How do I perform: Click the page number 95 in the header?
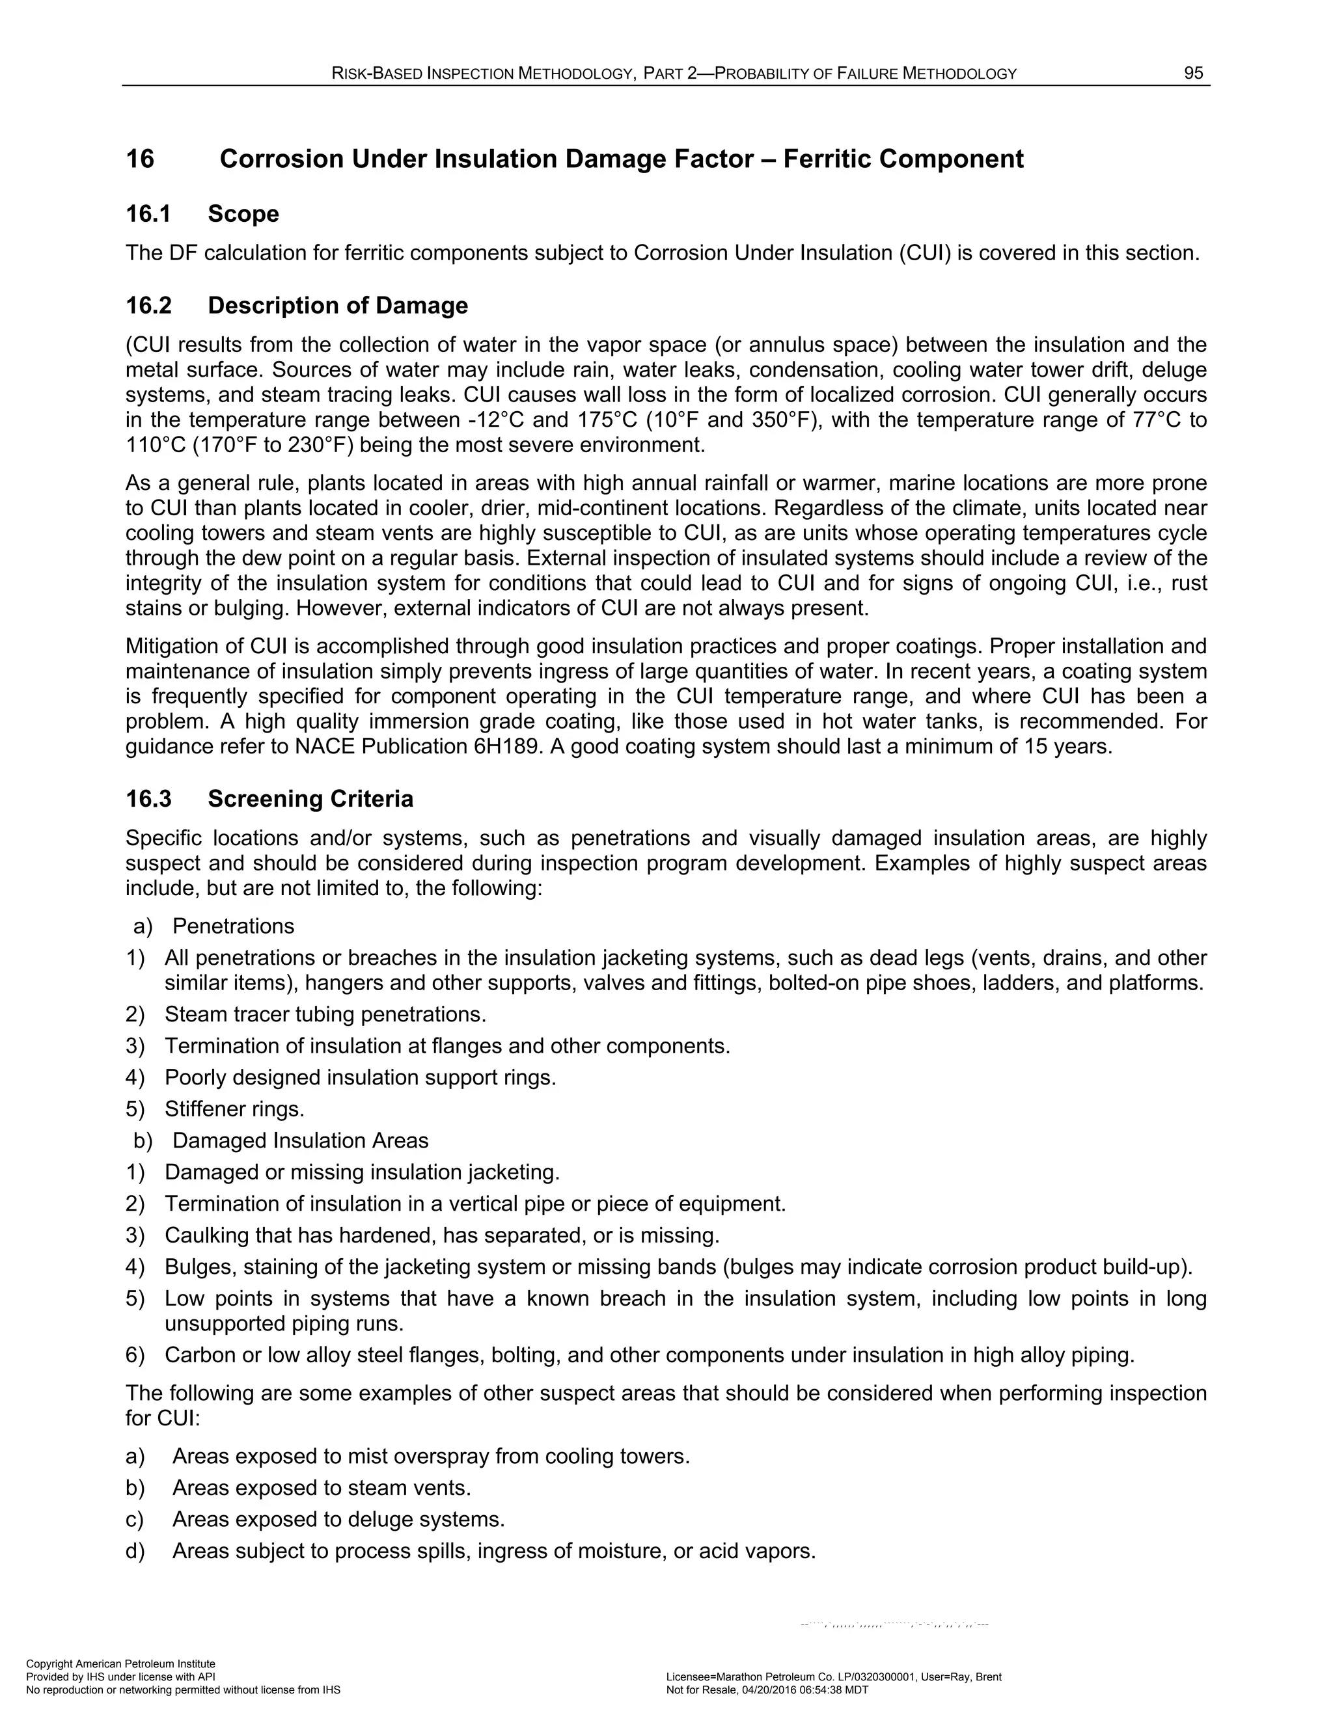1193,74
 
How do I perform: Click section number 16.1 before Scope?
148,214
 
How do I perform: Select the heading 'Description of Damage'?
338,306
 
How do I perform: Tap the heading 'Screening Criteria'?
310,799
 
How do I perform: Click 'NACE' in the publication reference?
325,746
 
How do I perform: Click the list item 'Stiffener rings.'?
234,1109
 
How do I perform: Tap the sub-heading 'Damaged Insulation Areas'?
300,1140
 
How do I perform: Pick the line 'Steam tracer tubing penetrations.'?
325,1014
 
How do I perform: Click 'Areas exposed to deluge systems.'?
338,1520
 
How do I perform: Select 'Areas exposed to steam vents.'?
322,1488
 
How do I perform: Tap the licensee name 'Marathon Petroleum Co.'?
778,1677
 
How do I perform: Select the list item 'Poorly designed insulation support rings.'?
360,1077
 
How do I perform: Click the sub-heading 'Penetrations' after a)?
233,926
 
